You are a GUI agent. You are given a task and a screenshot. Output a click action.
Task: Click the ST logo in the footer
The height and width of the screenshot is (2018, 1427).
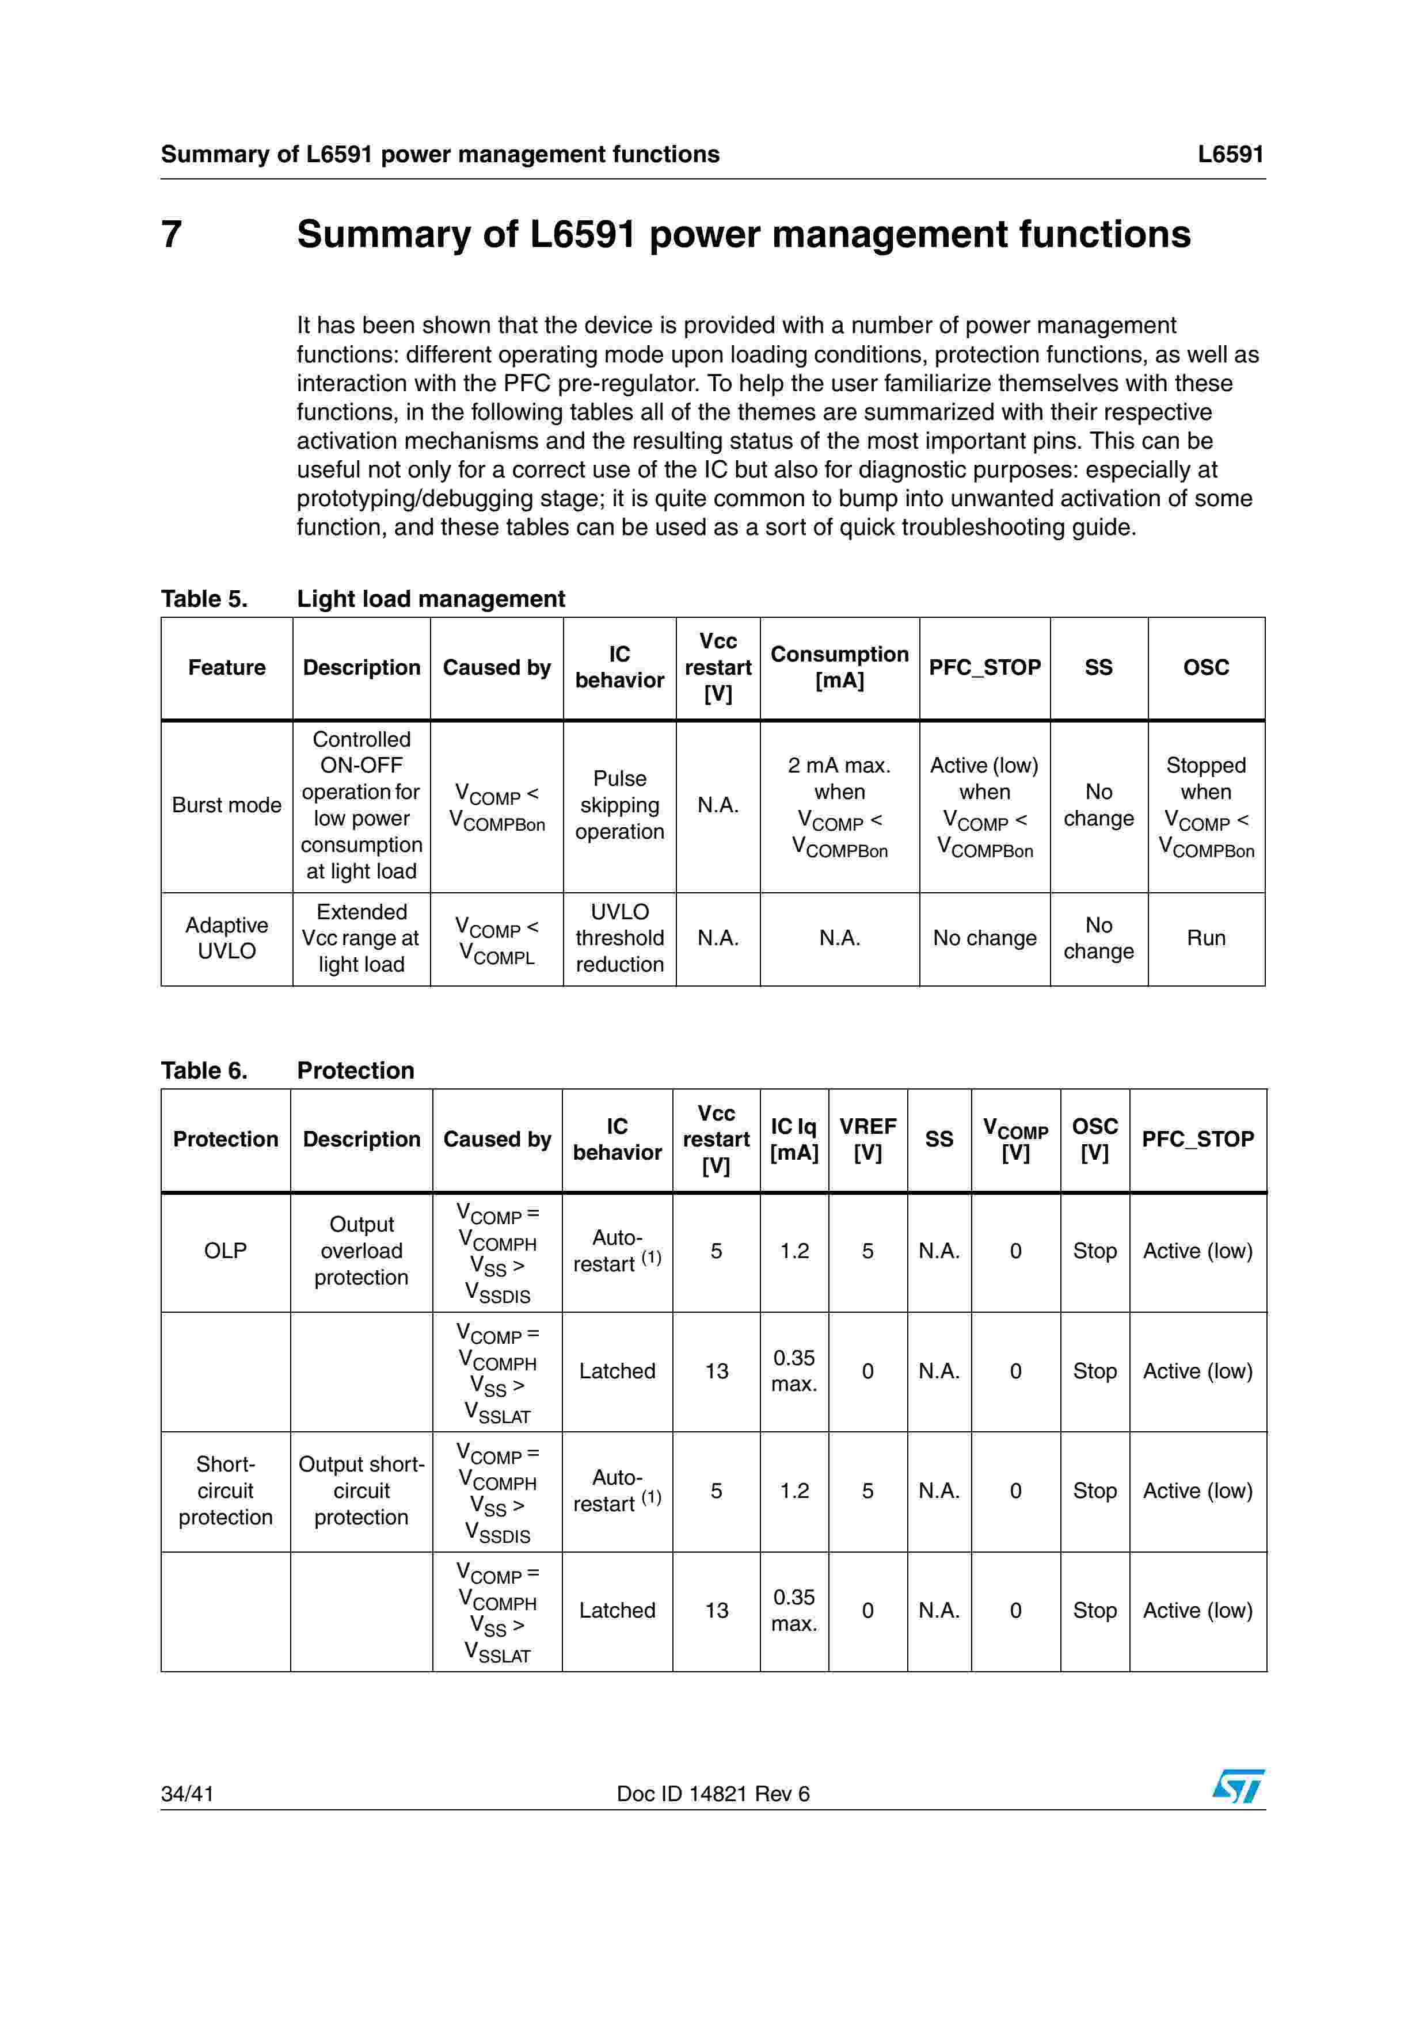tap(1238, 1786)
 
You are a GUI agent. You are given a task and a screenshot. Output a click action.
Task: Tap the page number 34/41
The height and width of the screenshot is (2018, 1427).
tap(187, 1794)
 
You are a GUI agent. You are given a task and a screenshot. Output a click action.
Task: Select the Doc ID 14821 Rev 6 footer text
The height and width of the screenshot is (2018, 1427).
tap(713, 1794)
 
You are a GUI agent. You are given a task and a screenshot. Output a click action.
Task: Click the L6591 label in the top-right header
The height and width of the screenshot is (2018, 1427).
tap(1230, 155)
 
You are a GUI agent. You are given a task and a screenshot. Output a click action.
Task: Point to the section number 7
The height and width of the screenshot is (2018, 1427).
tap(172, 235)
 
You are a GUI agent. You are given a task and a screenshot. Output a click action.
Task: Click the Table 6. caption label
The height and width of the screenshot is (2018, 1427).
tap(204, 1071)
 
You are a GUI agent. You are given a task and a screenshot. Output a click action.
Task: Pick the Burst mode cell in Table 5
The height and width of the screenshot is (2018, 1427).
tap(227, 805)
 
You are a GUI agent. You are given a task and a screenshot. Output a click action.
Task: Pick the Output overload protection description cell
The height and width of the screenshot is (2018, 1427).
tap(361, 1251)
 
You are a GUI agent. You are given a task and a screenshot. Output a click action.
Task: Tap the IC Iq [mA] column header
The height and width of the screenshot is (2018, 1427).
tap(793, 1139)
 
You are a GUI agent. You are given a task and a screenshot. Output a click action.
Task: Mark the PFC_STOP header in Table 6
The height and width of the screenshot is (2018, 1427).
tap(1197, 1139)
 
